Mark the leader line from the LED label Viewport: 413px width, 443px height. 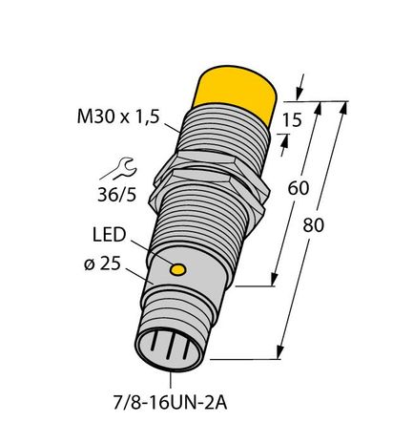click(161, 253)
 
